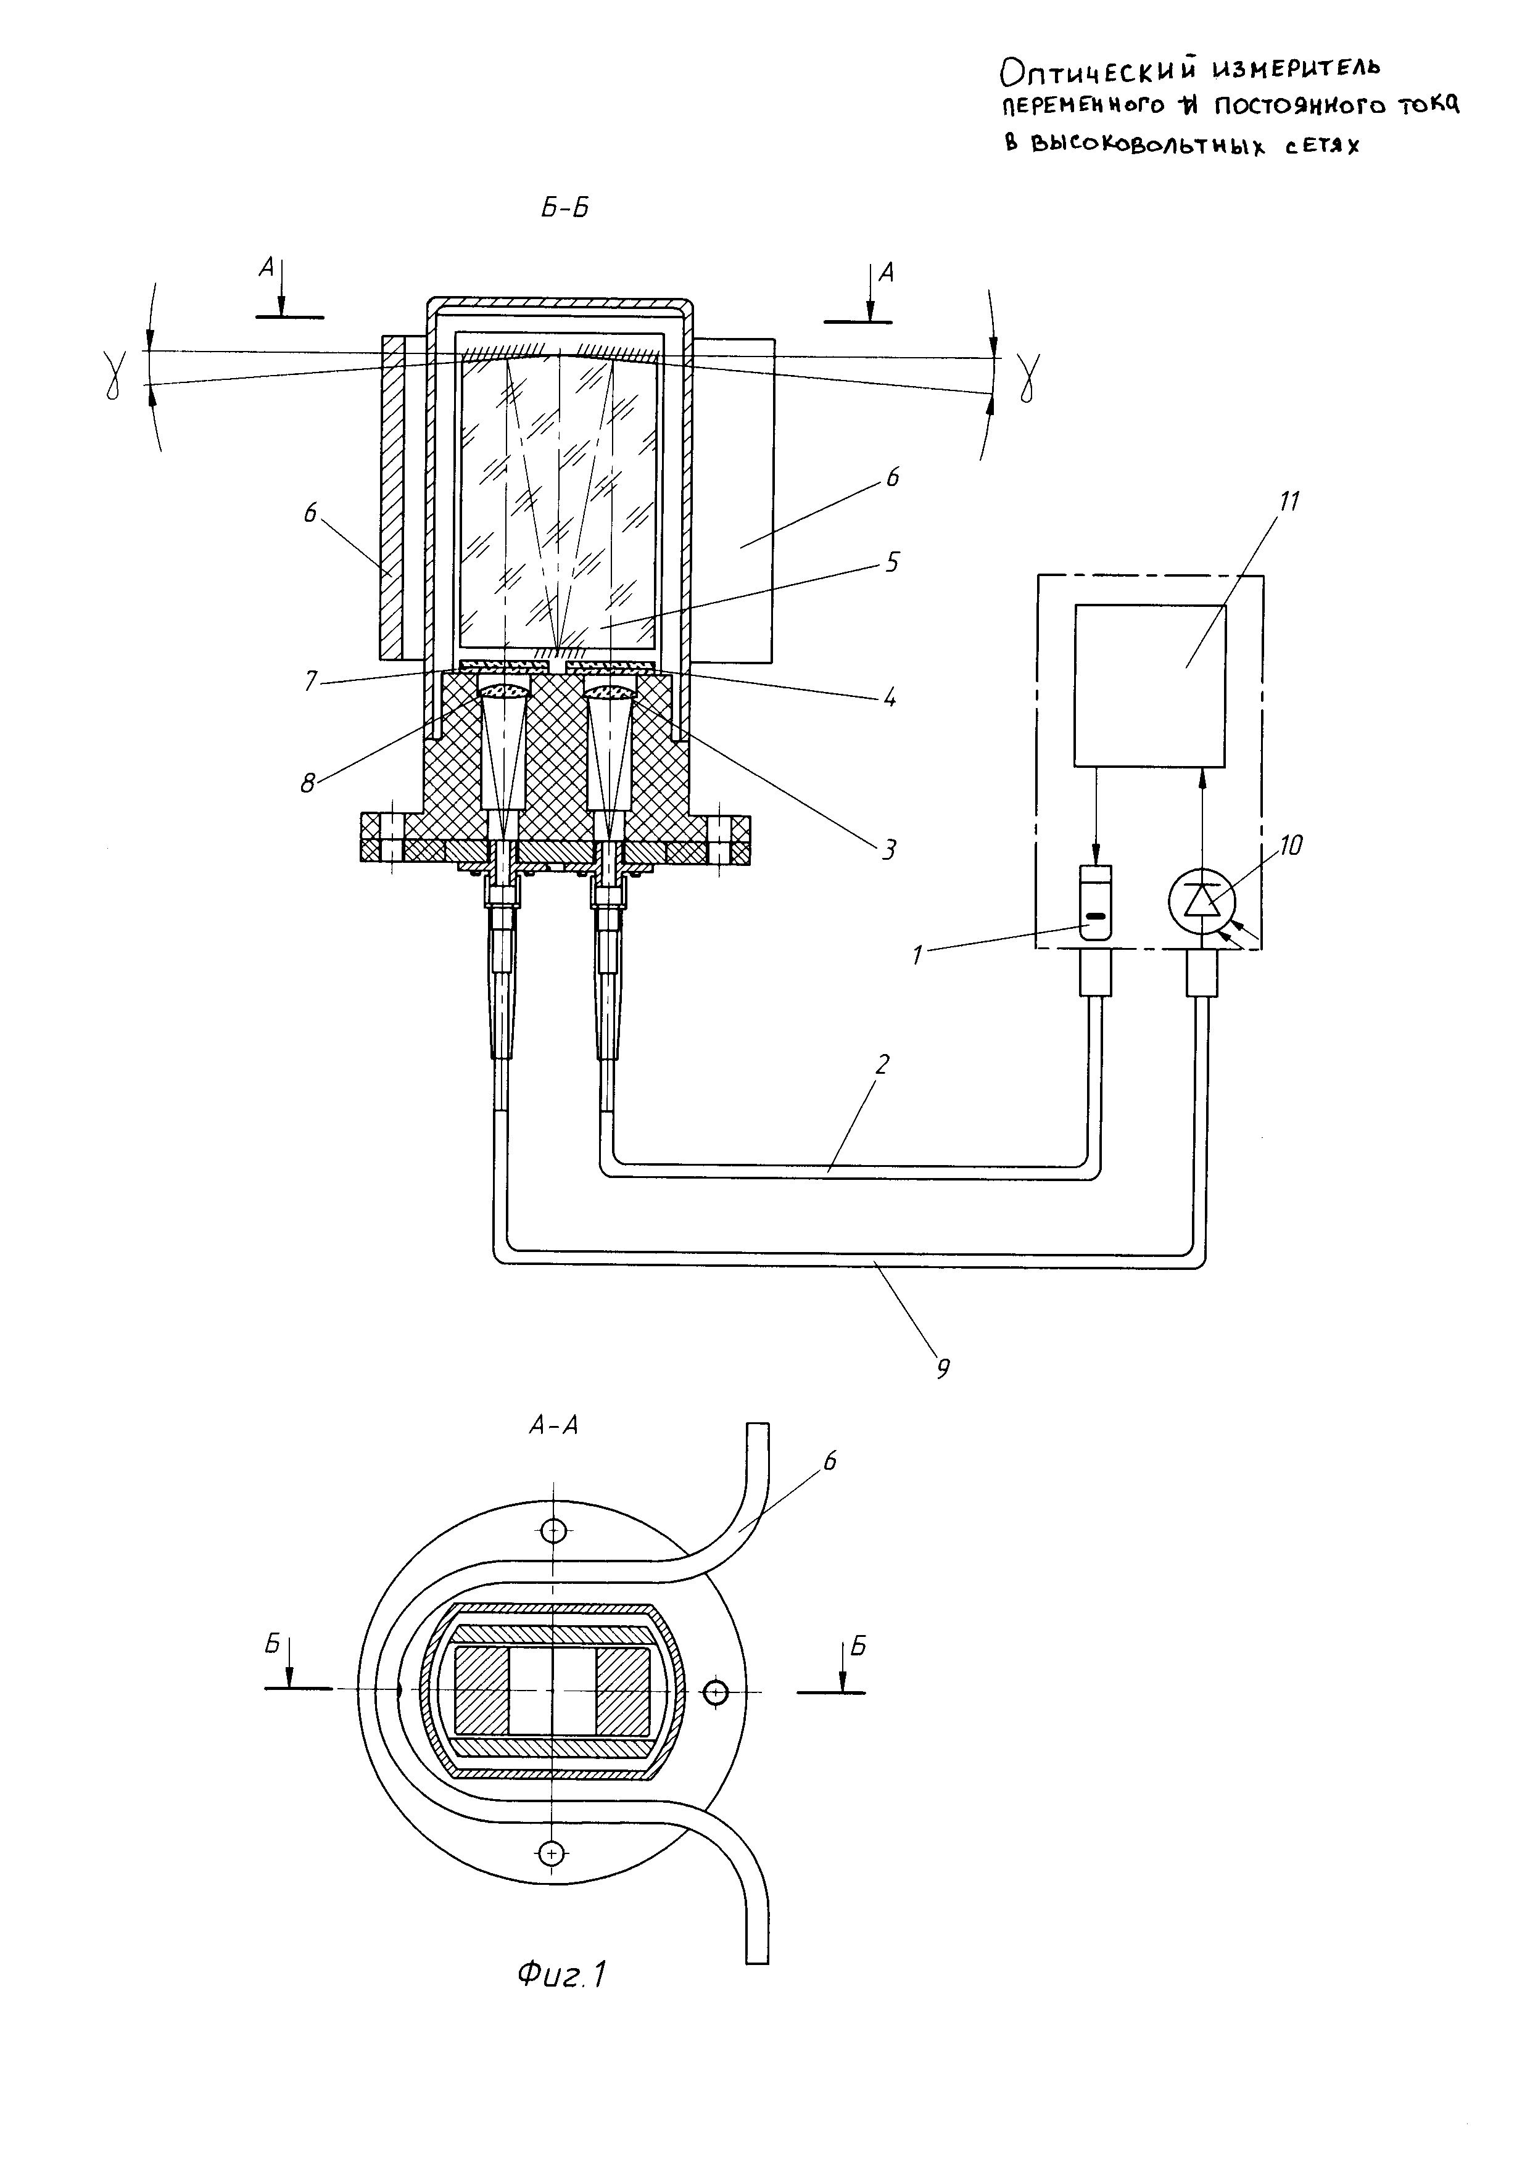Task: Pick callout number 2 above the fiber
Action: coord(882,1065)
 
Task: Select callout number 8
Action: coord(308,783)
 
